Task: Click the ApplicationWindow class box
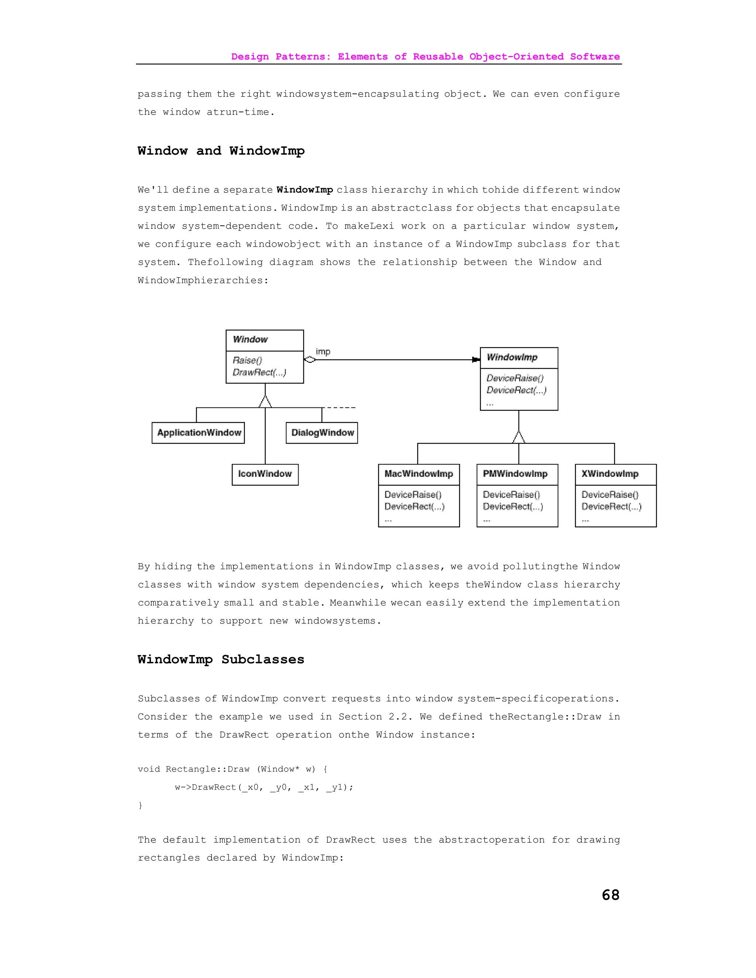click(x=198, y=433)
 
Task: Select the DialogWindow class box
click(x=322, y=433)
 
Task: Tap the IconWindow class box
click(x=265, y=474)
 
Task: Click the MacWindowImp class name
click(x=419, y=474)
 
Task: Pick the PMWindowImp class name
click(x=515, y=474)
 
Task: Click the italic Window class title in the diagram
click(x=250, y=340)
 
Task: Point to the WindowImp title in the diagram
click(x=512, y=357)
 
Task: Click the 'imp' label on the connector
click(x=323, y=352)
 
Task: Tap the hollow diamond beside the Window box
click(x=309, y=359)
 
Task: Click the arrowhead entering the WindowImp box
click(x=476, y=359)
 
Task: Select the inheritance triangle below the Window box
click(x=265, y=401)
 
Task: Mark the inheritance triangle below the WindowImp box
click(x=519, y=437)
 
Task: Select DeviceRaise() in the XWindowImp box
click(x=610, y=495)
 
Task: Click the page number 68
click(x=611, y=895)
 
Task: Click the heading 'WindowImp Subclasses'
click(x=221, y=660)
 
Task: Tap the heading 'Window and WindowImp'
click(x=221, y=151)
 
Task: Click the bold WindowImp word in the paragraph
click(x=305, y=190)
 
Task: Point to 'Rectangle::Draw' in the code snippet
click(x=207, y=769)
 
